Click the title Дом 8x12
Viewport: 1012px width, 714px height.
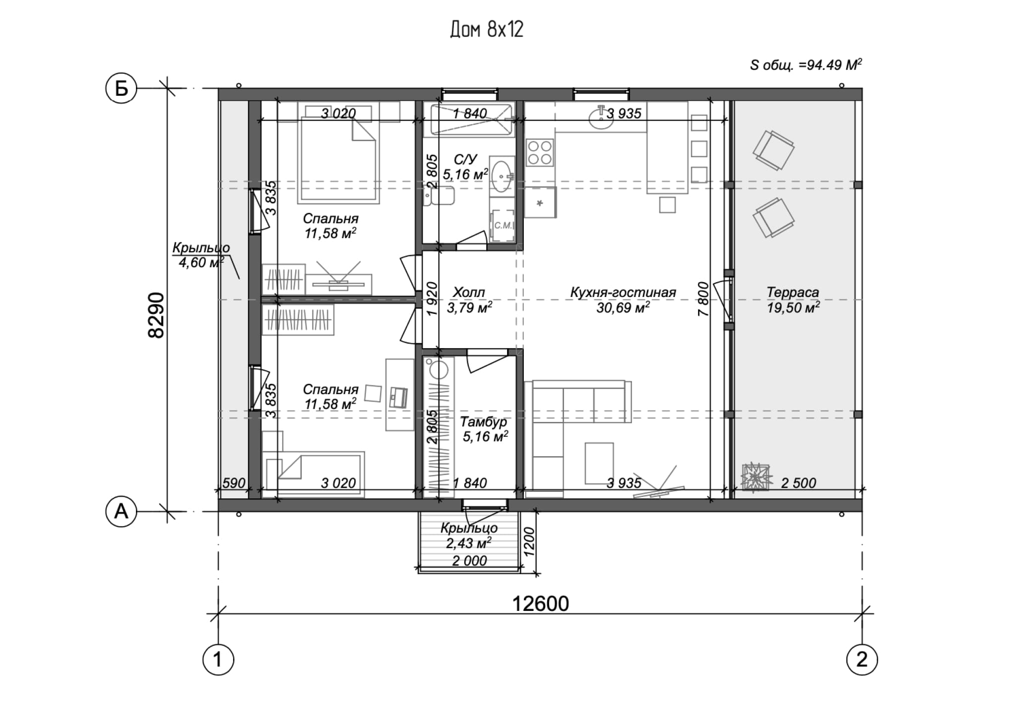pyautogui.click(x=487, y=30)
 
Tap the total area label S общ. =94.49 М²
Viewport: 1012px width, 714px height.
pyautogui.click(x=806, y=65)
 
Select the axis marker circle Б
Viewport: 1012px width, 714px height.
pyautogui.click(x=121, y=89)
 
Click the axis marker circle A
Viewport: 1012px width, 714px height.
pyautogui.click(x=121, y=511)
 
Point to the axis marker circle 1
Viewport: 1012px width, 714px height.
pyautogui.click(x=218, y=660)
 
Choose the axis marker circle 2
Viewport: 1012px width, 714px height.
pyautogui.click(x=862, y=660)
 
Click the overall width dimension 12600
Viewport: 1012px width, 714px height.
pyautogui.click(x=540, y=604)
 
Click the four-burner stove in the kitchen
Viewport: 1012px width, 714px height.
pyautogui.click(x=540, y=152)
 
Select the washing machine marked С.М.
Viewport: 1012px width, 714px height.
pyautogui.click(x=502, y=226)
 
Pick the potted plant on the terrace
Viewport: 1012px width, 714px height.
pyautogui.click(x=756, y=477)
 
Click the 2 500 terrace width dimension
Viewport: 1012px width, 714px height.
pyautogui.click(x=798, y=483)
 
